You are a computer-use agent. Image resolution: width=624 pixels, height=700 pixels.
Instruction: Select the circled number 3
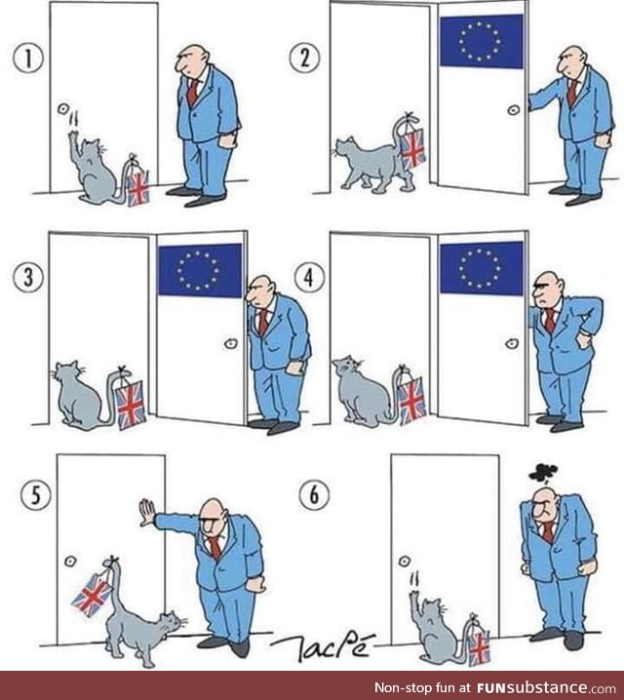point(31,276)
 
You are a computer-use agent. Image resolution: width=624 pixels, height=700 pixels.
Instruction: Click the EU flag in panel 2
point(481,40)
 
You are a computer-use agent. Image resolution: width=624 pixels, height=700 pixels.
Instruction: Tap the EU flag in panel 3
point(199,270)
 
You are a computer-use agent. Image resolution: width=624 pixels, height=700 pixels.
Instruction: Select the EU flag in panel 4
point(481,269)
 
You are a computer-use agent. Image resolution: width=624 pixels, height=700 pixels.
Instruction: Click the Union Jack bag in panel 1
point(137,185)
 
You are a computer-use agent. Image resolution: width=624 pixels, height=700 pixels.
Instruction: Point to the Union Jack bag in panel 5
point(93,593)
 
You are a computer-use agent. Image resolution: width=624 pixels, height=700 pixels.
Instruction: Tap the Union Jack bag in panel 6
point(478,646)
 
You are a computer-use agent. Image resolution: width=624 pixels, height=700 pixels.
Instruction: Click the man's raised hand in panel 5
point(146,512)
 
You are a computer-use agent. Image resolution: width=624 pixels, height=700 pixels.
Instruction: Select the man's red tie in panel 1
point(193,92)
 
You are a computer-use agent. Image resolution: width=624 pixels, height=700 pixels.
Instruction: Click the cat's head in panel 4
point(346,369)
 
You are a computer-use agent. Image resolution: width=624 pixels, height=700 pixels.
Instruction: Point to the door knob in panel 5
point(71,561)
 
